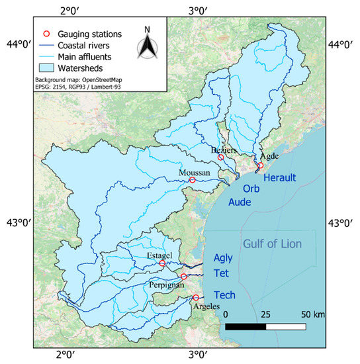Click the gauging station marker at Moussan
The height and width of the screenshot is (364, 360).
(193, 180)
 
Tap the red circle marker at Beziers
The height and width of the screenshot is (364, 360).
(220, 157)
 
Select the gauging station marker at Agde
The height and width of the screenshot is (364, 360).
(260, 165)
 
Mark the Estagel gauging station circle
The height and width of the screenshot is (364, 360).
(162, 263)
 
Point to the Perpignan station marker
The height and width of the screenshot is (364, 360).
(183, 277)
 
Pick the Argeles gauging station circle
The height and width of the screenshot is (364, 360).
(195, 297)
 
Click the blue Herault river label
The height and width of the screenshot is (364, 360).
(283, 178)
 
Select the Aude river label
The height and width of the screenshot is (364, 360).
(240, 204)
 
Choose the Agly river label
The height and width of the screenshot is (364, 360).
(224, 259)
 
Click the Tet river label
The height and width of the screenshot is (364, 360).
(221, 274)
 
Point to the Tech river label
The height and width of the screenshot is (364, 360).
(224, 295)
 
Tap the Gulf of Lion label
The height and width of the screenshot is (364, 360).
(272, 244)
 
